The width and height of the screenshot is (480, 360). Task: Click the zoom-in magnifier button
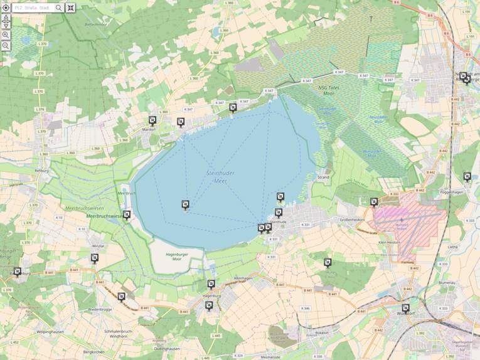pos(6,34)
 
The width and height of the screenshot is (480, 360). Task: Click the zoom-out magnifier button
pos(6,46)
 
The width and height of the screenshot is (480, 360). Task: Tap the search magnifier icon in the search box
pos(59,8)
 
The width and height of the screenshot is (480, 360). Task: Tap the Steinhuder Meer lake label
pos(216,176)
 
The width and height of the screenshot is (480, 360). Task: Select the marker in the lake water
pos(185,204)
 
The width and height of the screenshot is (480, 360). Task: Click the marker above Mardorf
pos(152,120)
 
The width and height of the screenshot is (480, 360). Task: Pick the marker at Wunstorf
pos(405,308)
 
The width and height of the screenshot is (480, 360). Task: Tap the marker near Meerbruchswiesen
pos(127,215)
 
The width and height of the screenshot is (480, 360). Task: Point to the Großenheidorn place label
pos(352,220)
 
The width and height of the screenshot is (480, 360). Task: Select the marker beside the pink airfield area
pos(374,202)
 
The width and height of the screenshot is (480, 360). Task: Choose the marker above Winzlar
pos(95,258)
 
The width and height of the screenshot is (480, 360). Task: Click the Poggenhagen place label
pos(455,192)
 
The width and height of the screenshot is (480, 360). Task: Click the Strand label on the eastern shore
pos(323,177)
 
